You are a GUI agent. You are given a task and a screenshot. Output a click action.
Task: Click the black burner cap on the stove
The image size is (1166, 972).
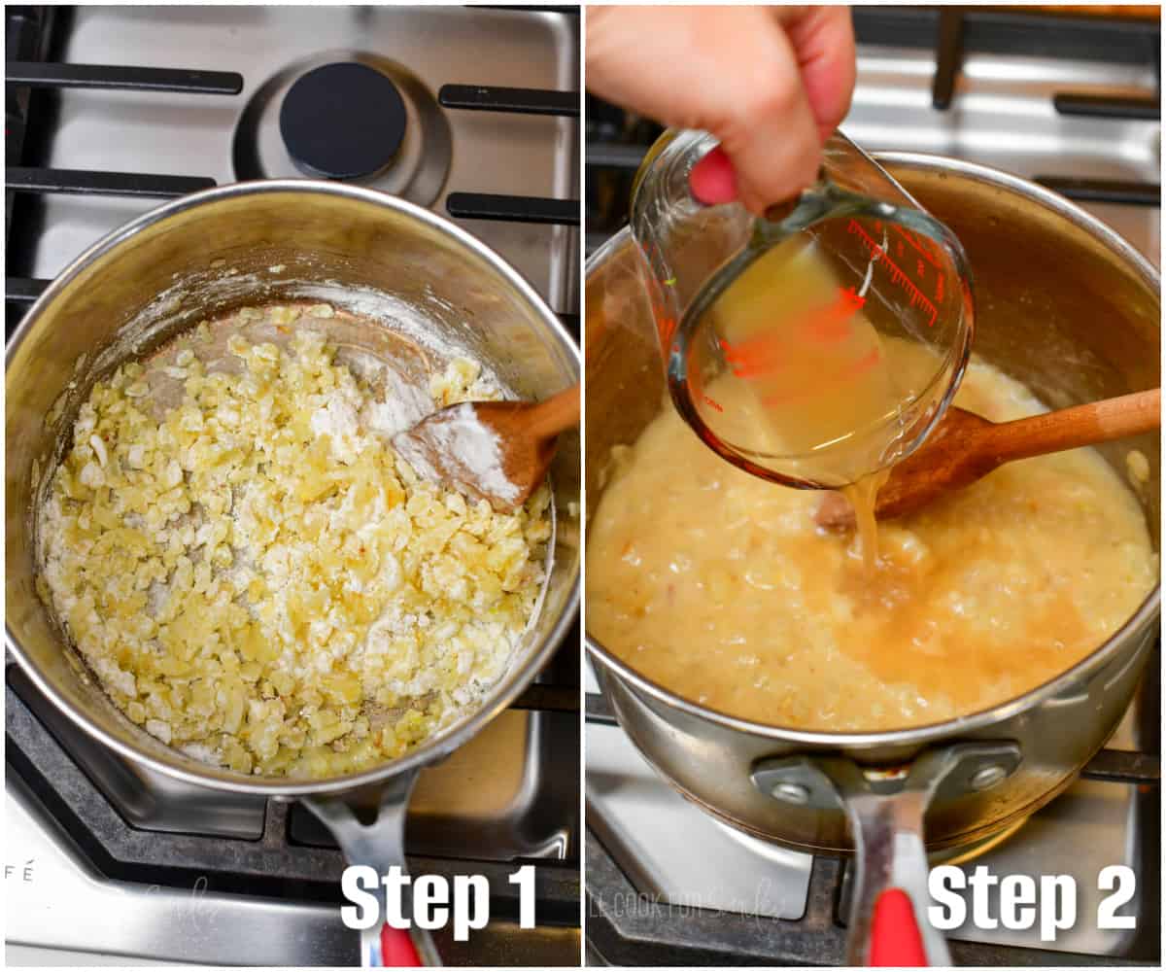tap(343, 120)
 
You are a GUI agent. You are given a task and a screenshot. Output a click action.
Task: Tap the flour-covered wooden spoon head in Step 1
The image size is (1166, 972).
tap(476, 450)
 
